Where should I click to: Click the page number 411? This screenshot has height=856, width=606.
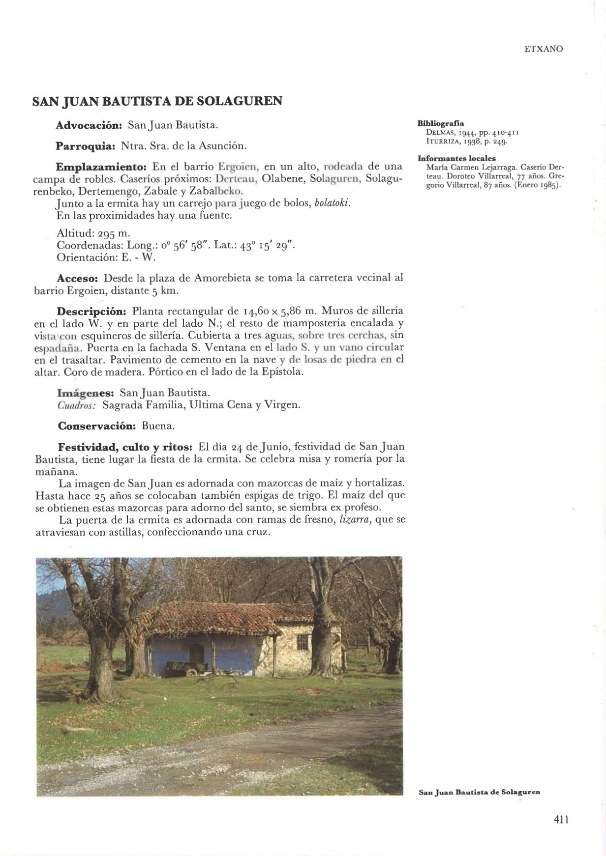coord(561,819)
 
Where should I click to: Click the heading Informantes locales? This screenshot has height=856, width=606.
coord(456,158)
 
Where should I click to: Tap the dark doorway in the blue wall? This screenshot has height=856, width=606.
coord(196,654)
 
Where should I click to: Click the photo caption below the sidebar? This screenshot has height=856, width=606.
coord(479,793)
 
